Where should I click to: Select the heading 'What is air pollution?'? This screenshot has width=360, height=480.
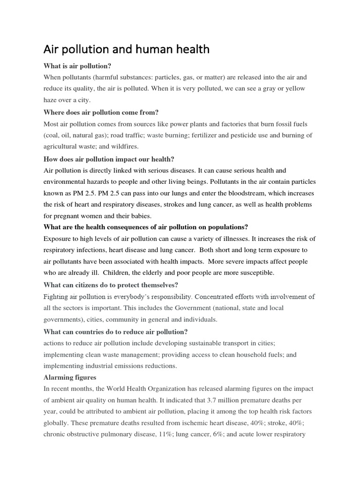click(x=80, y=66)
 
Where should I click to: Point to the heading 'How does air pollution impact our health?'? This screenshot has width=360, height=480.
click(x=109, y=159)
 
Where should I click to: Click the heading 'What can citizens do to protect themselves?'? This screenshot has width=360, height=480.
click(x=111, y=285)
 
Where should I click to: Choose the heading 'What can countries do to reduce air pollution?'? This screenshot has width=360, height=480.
click(x=115, y=332)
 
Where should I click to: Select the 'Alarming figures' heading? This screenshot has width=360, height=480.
click(x=70, y=377)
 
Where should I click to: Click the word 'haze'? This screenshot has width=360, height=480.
click(x=52, y=100)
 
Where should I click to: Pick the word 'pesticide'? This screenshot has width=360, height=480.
click(x=268, y=135)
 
